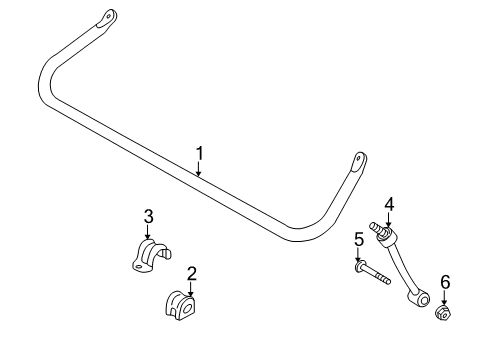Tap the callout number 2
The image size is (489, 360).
pyautogui.click(x=191, y=272)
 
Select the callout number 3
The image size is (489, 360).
pyautogui.click(x=148, y=215)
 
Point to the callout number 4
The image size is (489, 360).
pyautogui.click(x=389, y=205)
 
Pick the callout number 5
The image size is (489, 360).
pyautogui.click(x=358, y=239)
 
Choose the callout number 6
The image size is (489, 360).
pyautogui.click(x=445, y=282)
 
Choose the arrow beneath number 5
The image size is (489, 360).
pyautogui.click(x=358, y=255)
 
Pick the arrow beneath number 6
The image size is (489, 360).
pyautogui.click(x=445, y=298)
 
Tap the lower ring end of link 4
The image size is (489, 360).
pyautogui.click(x=425, y=297)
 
